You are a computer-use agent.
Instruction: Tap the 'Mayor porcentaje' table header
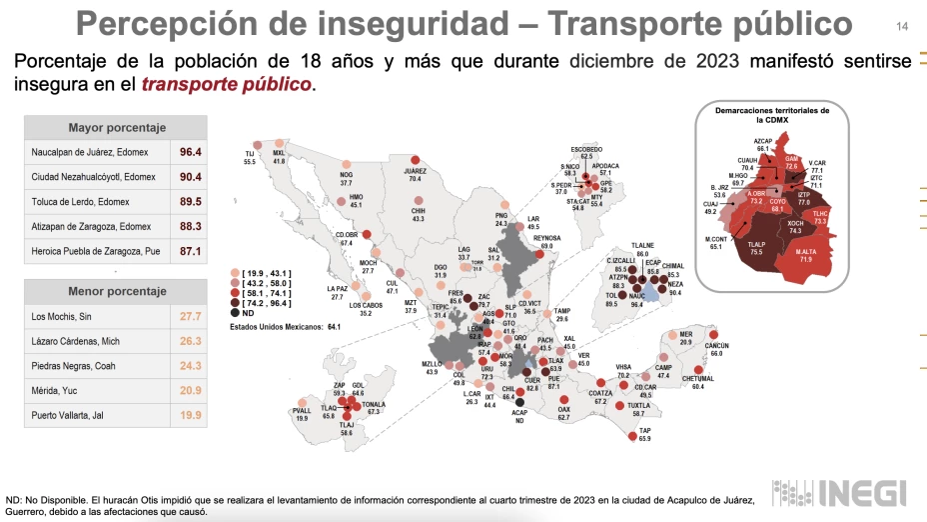117,127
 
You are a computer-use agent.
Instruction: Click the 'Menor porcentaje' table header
117,291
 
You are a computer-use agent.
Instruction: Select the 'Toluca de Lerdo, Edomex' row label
90,201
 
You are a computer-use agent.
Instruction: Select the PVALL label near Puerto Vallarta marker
302,411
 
